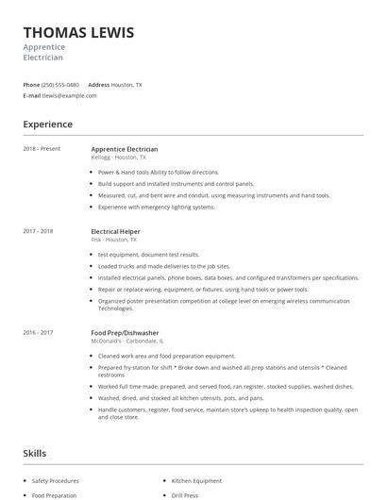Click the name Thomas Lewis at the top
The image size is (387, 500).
click(78, 33)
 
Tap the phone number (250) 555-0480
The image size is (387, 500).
click(60, 85)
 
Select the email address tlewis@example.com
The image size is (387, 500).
click(70, 95)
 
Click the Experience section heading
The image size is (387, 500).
click(47, 124)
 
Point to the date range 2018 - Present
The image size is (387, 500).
click(42, 149)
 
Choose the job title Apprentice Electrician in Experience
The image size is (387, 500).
click(124, 149)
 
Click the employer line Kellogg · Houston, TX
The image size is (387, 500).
click(112, 158)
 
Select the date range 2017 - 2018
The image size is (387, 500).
click(38, 231)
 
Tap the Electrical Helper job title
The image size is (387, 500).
click(117, 231)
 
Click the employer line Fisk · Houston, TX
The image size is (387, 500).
click(109, 240)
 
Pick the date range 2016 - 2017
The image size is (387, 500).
click(38, 332)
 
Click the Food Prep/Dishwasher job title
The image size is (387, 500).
click(125, 332)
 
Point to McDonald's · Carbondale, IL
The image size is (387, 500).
click(122, 341)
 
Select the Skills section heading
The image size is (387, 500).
click(35, 453)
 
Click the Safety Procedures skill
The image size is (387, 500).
click(55, 481)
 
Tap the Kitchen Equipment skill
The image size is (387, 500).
click(196, 481)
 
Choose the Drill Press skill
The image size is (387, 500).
click(184, 495)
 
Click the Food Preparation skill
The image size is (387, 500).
click(54, 495)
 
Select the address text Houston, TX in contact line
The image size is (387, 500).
click(126, 85)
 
